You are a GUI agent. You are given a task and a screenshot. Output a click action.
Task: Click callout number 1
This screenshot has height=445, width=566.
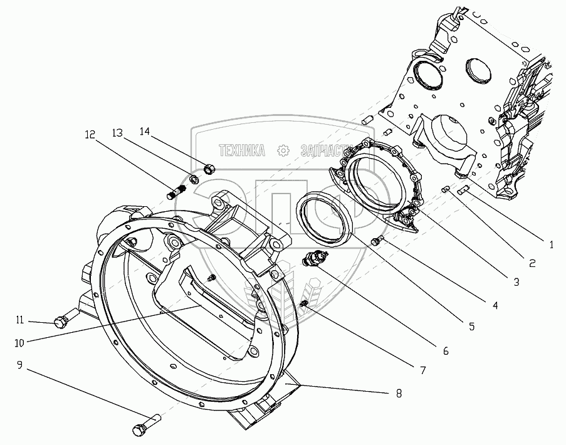pos(551,245)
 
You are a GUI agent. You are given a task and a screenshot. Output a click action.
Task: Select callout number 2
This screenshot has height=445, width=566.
pos(532,264)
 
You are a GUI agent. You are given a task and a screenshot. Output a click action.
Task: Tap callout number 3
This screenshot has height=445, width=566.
pos(516,283)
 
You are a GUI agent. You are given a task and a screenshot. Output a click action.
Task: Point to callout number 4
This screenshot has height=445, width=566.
pos(495,306)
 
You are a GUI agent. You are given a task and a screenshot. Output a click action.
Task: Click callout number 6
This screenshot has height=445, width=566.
pos(446,351)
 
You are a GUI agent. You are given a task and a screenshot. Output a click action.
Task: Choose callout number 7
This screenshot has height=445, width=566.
pos(423,370)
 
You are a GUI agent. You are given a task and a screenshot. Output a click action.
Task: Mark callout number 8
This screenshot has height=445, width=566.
pos(398,394)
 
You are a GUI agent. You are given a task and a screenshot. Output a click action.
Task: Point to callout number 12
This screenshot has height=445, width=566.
pos(90,134)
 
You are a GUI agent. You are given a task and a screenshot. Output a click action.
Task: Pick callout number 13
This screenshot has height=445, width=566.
pos(117,133)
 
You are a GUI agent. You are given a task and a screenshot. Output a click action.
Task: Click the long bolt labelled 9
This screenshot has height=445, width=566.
pos(147,424)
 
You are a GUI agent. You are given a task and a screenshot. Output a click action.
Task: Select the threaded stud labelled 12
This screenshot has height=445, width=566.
pos(178,189)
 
